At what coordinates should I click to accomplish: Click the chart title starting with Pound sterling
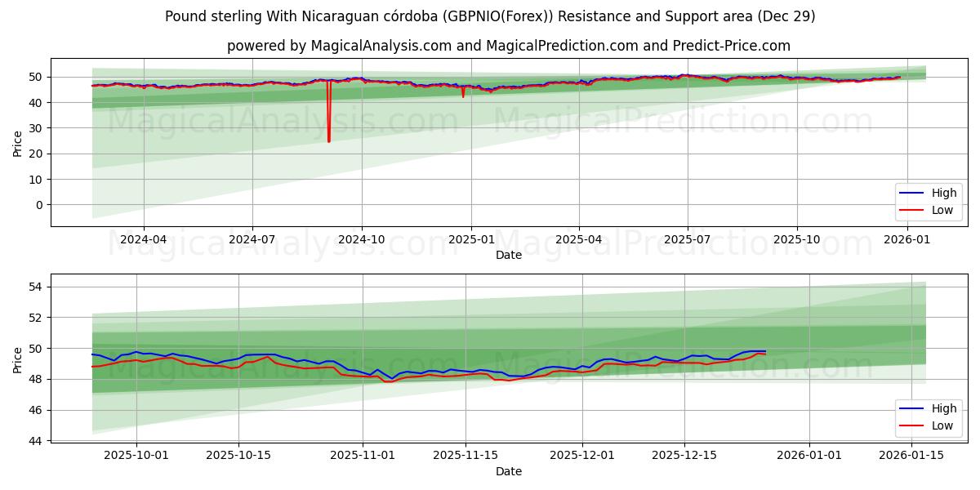489,16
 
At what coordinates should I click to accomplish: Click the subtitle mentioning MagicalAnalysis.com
508,46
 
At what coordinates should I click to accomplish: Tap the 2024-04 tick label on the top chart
144,239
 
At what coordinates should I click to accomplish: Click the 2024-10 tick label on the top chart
361,239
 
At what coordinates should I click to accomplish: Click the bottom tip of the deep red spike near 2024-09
329,141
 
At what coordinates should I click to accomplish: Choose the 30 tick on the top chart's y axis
37,128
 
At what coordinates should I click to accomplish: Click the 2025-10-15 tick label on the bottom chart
238,455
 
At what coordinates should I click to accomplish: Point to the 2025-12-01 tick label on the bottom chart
582,455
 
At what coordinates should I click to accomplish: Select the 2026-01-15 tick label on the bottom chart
911,455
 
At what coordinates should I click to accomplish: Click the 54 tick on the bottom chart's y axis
37,287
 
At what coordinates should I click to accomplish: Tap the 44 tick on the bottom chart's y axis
37,441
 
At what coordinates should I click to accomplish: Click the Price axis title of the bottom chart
18,359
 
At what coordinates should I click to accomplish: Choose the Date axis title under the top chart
508,255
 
